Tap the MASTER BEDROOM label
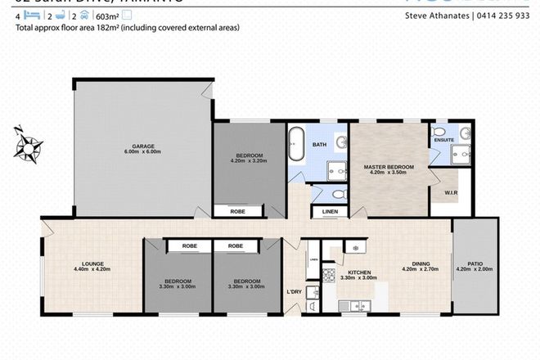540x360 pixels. point(388,167)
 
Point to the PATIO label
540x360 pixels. point(474,263)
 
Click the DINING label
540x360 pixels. point(421,263)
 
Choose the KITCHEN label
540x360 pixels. point(361,272)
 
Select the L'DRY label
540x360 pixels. point(294,292)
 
